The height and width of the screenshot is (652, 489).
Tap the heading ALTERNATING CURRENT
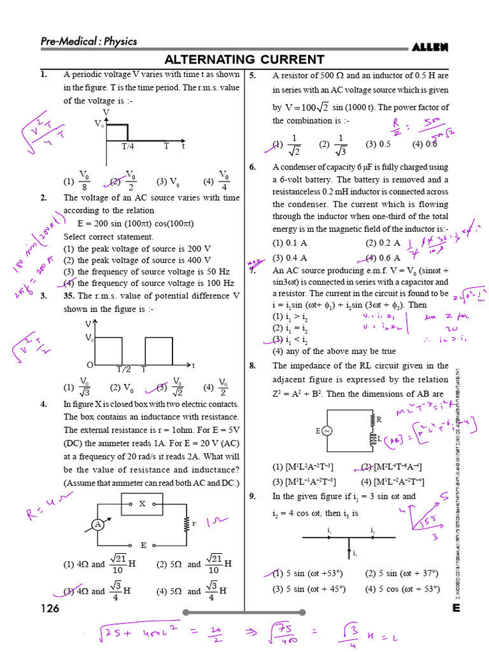tap(244, 60)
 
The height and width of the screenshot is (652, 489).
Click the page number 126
tap(49, 609)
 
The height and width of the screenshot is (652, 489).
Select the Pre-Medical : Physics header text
tap(89, 41)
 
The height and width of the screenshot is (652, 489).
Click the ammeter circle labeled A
tap(97, 525)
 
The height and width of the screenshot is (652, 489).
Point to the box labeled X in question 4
tap(143, 504)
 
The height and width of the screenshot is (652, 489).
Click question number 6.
tap(253, 167)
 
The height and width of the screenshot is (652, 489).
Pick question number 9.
tap(253, 497)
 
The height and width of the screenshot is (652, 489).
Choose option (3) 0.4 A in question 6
tap(290, 258)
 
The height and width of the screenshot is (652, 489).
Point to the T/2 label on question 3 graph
tap(123, 369)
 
